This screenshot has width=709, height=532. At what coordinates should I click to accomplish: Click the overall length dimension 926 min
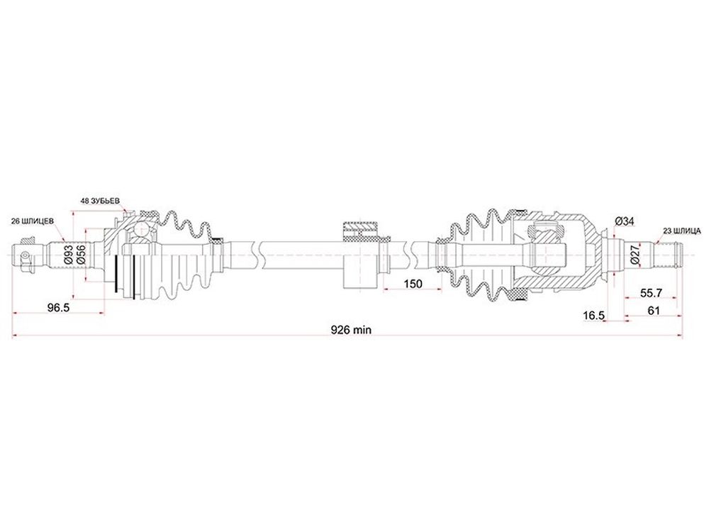[x=351, y=330]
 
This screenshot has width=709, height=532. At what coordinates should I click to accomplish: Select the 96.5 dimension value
[x=58, y=308]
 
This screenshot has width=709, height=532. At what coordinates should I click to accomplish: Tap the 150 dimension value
[x=413, y=284]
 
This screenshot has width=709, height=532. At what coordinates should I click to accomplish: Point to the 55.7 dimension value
[x=651, y=293]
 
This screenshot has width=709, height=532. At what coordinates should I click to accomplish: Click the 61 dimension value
[x=654, y=311]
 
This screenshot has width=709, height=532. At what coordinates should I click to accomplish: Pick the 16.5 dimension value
[x=593, y=316]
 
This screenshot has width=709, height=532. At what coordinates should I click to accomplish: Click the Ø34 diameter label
[x=625, y=221]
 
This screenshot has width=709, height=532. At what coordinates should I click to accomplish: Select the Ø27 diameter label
[x=635, y=255]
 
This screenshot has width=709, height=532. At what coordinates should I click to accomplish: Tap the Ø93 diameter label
[x=68, y=255]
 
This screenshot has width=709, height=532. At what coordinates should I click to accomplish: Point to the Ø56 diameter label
[x=82, y=255]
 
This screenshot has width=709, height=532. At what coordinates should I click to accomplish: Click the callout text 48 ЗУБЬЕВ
[x=101, y=201]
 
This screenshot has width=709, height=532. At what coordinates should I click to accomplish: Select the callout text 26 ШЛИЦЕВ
[x=33, y=221]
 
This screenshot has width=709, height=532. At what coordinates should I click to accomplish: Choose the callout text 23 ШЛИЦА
[x=682, y=231]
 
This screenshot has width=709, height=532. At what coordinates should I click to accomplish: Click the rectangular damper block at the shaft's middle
[x=360, y=255]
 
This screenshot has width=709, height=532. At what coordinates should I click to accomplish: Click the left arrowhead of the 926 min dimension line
[x=15, y=336]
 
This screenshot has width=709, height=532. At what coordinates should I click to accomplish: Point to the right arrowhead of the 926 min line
[x=680, y=336]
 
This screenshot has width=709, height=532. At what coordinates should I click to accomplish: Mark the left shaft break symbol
[x=259, y=255]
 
